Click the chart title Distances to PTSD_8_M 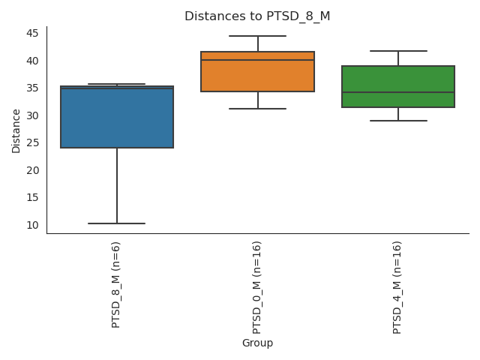click(257, 16)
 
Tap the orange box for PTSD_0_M click(257, 72)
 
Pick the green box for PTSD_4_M click(398, 86)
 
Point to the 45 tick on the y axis click(33, 33)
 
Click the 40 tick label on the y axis click(33, 61)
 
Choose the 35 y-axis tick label click(33, 88)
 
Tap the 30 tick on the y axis click(33, 115)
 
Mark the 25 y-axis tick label click(33, 142)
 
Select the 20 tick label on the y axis click(33, 170)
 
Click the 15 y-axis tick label click(33, 197)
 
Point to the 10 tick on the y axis click(33, 225)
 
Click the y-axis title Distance click(16, 130)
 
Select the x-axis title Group click(257, 343)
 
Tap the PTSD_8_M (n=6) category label click(116, 284)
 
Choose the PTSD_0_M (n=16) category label click(257, 287)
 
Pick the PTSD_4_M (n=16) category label click(397, 287)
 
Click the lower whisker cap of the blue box click(117, 223)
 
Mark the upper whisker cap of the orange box click(257, 36)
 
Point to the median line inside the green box click(398, 92)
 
